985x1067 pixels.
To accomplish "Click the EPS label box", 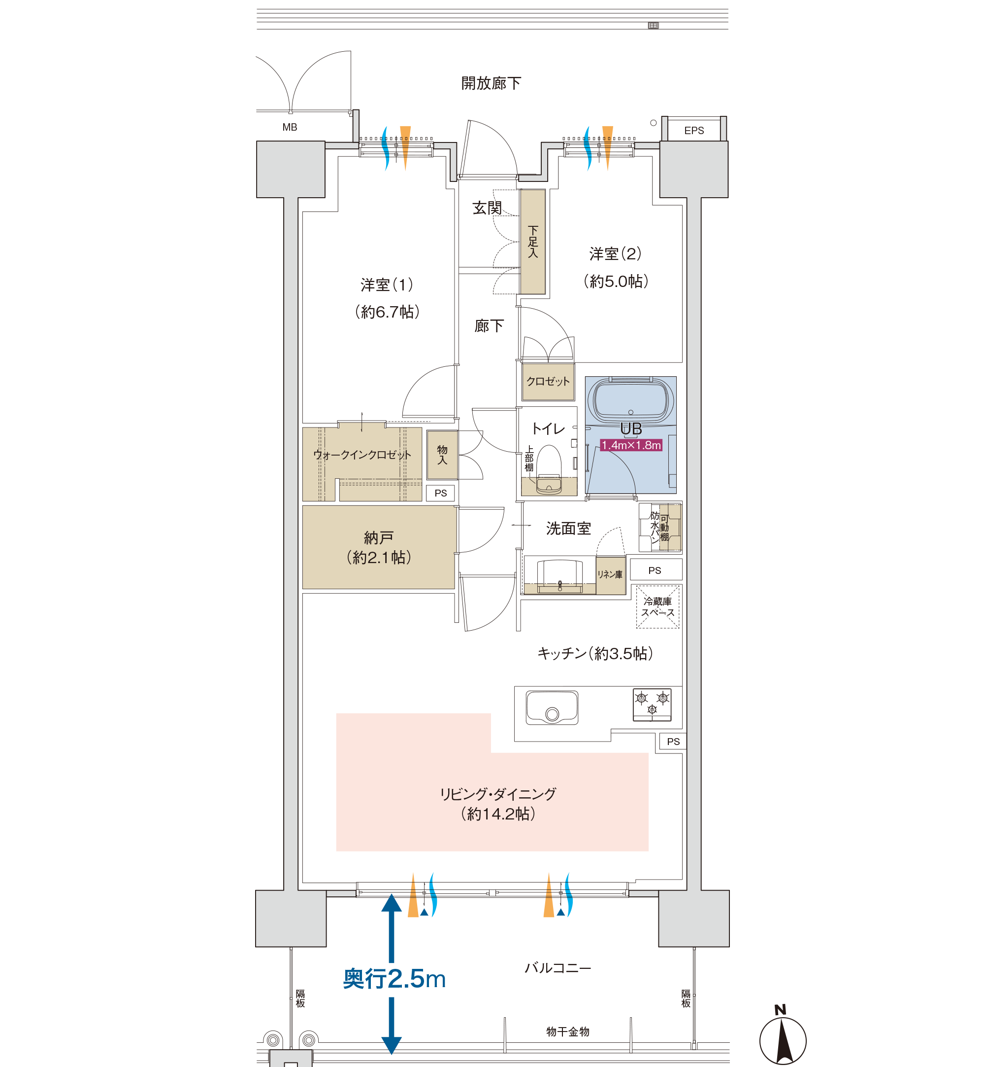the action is tap(694, 130).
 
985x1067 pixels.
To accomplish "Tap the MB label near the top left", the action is tap(290, 128).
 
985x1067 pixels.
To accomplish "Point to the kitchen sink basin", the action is tap(552, 708).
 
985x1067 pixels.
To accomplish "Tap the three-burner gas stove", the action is tap(652, 704).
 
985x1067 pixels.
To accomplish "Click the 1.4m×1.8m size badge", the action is tap(631, 445).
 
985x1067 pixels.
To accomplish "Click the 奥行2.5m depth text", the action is tap(394, 979).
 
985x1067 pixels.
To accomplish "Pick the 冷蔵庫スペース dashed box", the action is tap(657, 607).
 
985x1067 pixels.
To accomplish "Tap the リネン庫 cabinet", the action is tap(610, 575).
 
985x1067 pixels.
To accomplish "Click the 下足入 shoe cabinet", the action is tap(532, 242).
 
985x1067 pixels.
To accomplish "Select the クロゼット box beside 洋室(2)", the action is tap(548, 382).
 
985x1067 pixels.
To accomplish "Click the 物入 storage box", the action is tap(442, 455).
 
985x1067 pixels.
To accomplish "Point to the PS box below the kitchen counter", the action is tap(673, 742).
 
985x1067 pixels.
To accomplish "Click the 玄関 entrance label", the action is tap(487, 208).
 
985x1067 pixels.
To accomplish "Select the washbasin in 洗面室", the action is tap(559, 575).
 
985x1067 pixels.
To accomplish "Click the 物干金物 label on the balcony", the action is tap(568, 1032).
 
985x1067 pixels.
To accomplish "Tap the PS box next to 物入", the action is tap(440, 493).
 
